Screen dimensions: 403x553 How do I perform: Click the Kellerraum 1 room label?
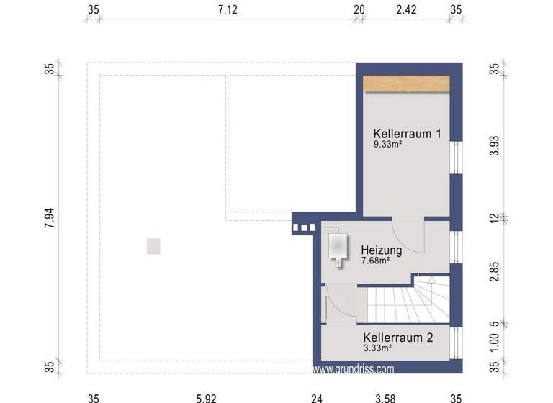(x=407, y=134)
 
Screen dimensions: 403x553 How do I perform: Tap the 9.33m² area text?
(x=387, y=145)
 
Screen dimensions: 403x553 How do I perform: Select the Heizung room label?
(x=382, y=250)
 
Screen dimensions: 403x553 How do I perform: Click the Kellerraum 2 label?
(x=397, y=337)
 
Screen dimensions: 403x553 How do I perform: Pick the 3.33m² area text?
(x=377, y=348)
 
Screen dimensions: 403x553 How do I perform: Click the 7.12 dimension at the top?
(x=228, y=10)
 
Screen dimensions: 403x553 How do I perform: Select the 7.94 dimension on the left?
(x=49, y=216)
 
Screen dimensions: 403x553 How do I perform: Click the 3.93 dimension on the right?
(x=494, y=143)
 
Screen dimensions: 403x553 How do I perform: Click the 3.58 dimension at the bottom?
(x=386, y=397)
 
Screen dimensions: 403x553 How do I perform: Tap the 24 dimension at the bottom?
(x=316, y=397)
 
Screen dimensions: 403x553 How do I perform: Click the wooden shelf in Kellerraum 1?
(x=407, y=83)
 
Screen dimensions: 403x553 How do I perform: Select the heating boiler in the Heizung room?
(x=337, y=248)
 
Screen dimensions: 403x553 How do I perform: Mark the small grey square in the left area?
(x=153, y=247)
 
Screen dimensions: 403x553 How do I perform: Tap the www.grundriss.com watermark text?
(x=354, y=369)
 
